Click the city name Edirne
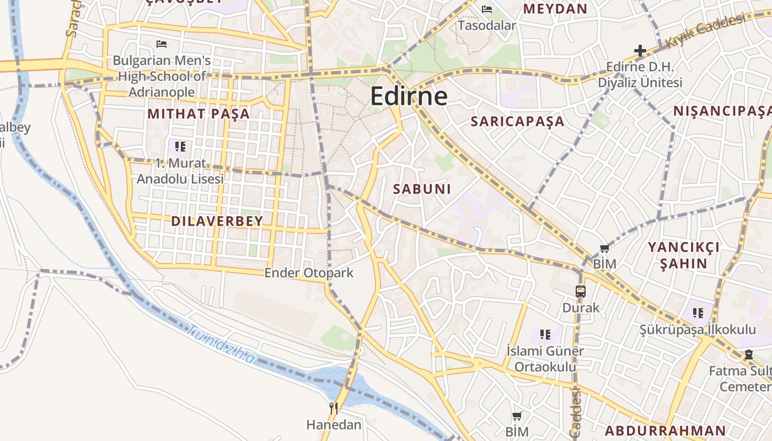tap(409, 96)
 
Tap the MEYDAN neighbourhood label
tap(555, 9)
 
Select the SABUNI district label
tap(422, 189)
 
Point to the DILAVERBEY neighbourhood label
tap(217, 222)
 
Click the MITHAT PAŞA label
tap(199, 114)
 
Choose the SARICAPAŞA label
tap(517, 122)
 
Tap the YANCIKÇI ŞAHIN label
tap(684, 255)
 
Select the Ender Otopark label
tap(309, 273)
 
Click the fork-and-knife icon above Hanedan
tap(334, 408)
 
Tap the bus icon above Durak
tap(580, 292)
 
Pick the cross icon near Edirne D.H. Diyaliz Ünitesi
tap(640, 51)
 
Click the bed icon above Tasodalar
tap(487, 9)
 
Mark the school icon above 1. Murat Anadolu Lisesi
tap(180, 147)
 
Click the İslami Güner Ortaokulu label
tap(545, 359)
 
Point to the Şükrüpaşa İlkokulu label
tap(698, 330)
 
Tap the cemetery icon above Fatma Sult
tap(748, 354)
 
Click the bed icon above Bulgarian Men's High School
tap(162, 44)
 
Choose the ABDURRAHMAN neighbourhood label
tap(666, 431)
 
